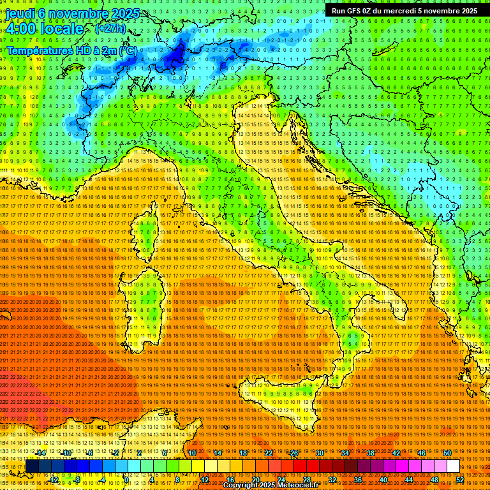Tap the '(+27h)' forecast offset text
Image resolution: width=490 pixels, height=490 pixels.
point(110,29)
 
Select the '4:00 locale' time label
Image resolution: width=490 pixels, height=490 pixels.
point(45,29)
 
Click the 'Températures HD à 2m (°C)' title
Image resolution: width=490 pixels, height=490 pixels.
point(71,50)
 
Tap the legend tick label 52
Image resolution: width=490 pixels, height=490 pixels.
point(459,480)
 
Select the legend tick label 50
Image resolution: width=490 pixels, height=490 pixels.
point(447,453)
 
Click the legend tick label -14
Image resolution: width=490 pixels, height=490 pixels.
point(41,453)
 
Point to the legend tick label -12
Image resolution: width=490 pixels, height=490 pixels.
point(54,480)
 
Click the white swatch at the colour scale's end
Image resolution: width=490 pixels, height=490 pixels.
point(453,466)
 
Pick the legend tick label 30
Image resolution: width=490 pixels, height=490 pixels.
point(319,453)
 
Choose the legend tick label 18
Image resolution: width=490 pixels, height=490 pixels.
point(243,453)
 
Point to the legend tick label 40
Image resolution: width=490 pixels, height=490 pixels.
point(383,480)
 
